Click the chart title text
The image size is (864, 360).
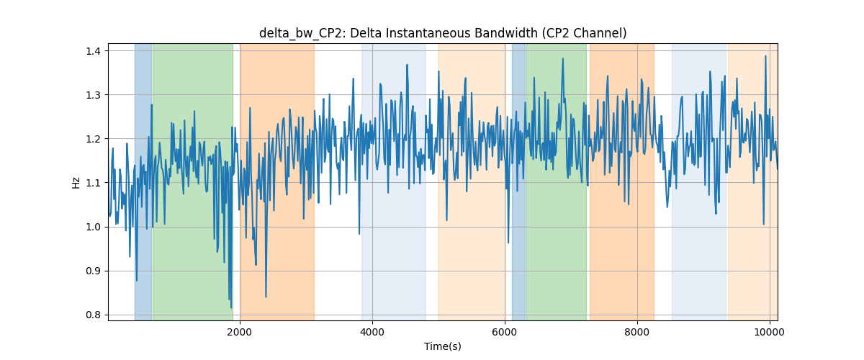pos(443,34)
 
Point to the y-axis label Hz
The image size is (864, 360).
pos(76,182)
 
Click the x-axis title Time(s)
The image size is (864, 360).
pos(443,346)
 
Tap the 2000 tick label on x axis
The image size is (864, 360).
pos(240,332)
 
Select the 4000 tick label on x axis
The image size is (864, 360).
pos(372,332)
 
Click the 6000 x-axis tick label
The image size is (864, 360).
pos(505,332)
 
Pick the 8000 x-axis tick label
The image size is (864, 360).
pos(637,332)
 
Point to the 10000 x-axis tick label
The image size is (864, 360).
pos(770,332)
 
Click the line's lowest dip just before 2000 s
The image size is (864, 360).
pos(231,307)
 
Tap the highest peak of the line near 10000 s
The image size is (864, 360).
pos(765,56)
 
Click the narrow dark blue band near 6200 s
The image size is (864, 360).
pos(519,182)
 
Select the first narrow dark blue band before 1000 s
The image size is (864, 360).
pos(143,182)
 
